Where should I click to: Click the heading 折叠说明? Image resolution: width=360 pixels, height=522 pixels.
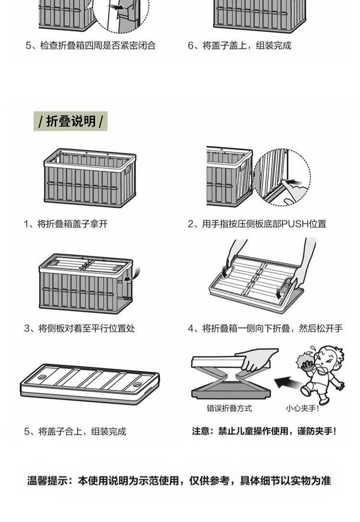coord(71,121)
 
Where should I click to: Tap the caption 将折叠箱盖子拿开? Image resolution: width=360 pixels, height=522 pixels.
coord(72,224)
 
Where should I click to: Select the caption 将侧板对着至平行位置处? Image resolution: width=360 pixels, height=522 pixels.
coord(86,329)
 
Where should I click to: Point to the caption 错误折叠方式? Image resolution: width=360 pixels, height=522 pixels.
coord(229,408)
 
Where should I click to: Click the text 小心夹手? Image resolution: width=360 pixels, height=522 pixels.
coord(302,408)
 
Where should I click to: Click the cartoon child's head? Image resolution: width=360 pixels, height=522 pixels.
coord(329,357)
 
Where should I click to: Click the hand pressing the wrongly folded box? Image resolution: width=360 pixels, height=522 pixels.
coord(257,359)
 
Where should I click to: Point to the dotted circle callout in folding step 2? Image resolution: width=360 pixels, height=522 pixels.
coord(282,177)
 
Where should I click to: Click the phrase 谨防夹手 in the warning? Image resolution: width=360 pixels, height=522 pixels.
coord(316,431)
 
